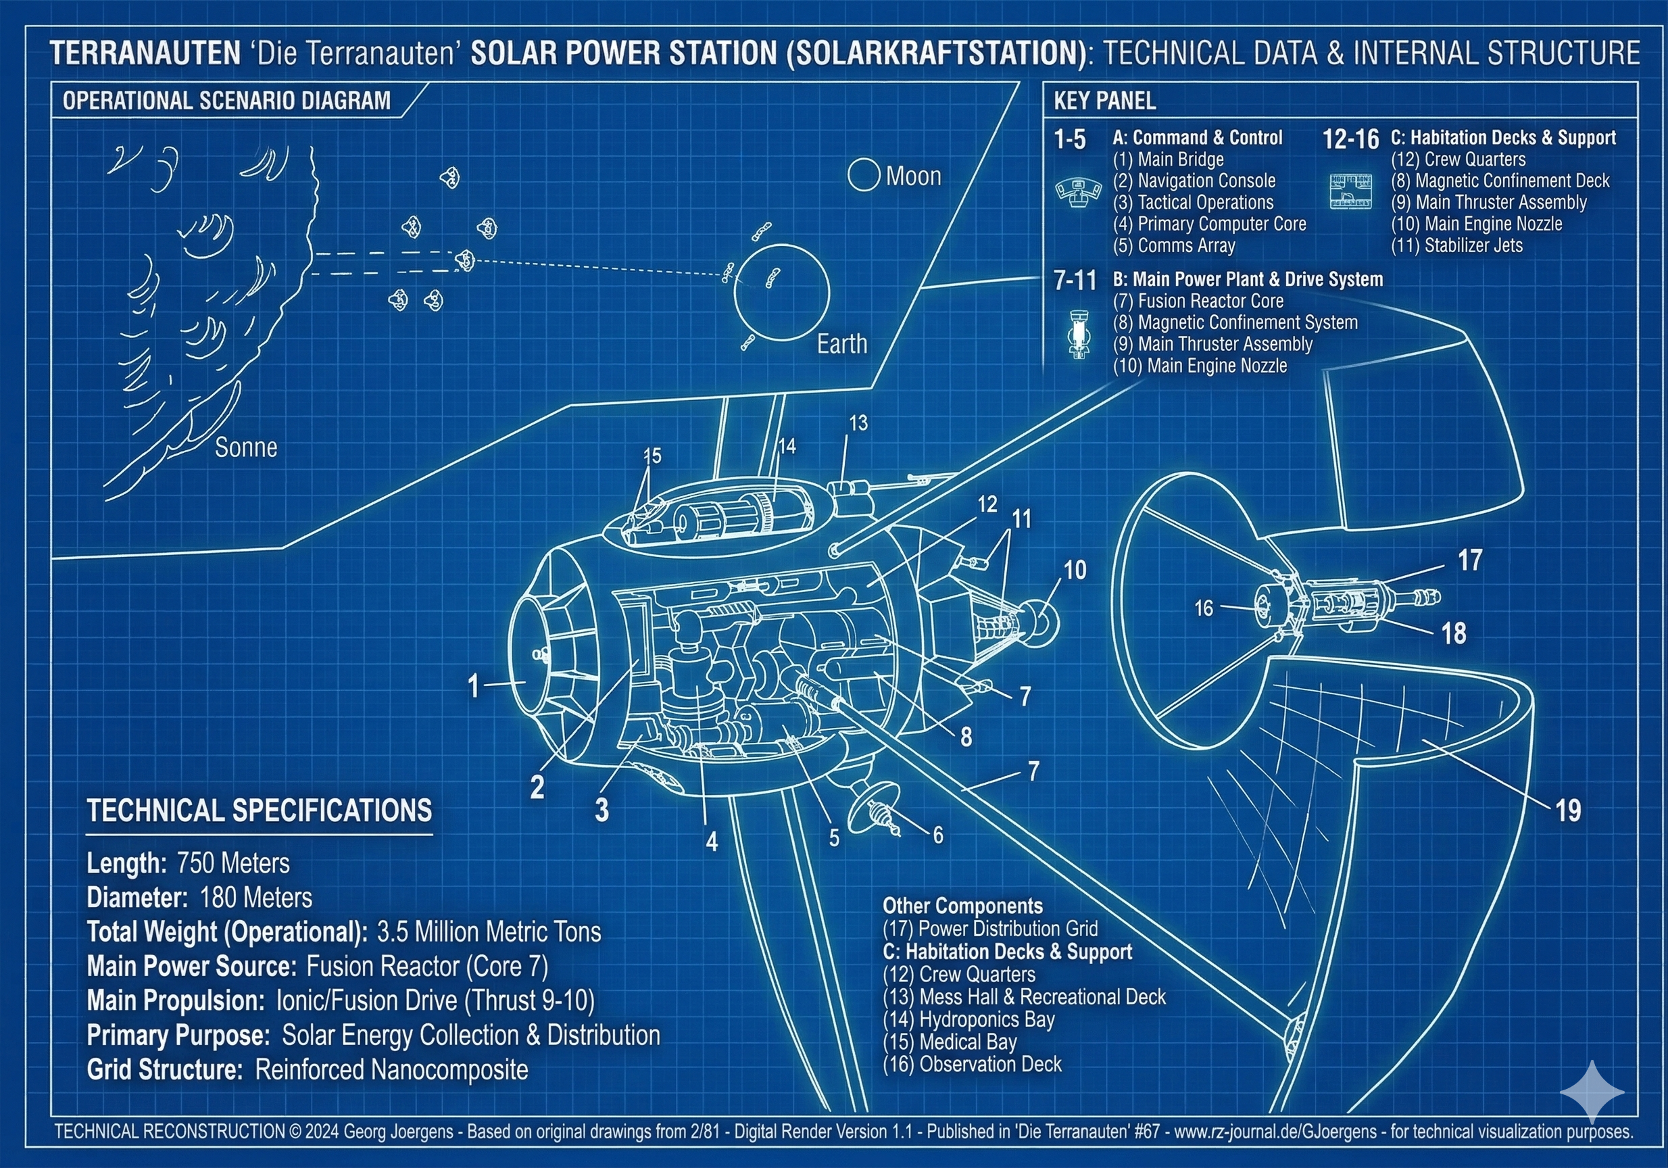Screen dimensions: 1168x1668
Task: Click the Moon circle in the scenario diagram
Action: [x=864, y=176]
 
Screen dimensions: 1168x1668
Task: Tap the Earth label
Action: [x=842, y=343]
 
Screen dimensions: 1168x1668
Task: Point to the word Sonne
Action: [x=246, y=447]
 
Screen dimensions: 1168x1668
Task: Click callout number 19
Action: [x=1568, y=810]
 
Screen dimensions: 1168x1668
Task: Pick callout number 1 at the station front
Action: [x=474, y=685]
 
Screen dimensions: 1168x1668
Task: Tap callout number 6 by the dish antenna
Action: [x=938, y=835]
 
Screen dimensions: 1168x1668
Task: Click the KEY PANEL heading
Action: [x=1104, y=101]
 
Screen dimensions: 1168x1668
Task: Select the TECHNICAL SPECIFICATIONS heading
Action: [x=260, y=810]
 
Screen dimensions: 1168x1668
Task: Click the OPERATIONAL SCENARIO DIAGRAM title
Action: [x=226, y=100]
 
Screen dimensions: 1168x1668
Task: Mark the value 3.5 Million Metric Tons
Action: [x=489, y=932]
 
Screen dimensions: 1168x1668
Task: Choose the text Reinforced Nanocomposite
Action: [x=391, y=1069]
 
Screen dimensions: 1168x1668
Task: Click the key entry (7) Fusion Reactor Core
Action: [x=1198, y=301]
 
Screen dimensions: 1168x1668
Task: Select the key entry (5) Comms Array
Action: [x=1174, y=245]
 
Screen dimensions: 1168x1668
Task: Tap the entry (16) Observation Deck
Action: [x=972, y=1064]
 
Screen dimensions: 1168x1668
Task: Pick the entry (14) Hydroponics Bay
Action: [x=968, y=1019]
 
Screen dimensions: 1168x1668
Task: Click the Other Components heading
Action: [x=962, y=906]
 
